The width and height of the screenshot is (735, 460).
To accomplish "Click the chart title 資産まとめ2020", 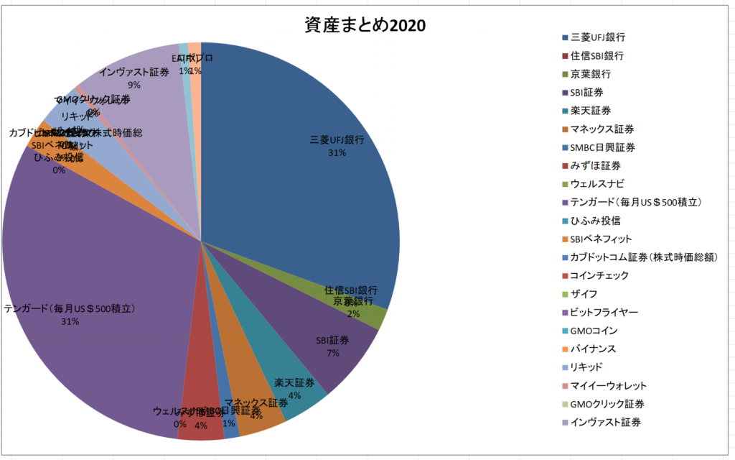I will tap(365, 25).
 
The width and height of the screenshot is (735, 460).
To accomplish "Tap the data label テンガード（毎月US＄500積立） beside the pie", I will tap(70, 309).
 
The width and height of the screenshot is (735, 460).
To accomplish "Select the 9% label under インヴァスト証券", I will tap(134, 84).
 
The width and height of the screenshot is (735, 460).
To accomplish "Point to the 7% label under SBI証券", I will tap(333, 353).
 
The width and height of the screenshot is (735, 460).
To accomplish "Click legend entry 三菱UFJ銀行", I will tap(601, 37).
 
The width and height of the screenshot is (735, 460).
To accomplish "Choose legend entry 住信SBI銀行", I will tap(596, 55).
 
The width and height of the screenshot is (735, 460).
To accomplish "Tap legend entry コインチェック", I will tap(599, 275).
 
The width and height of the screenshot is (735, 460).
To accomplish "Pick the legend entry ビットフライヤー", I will tap(603, 313).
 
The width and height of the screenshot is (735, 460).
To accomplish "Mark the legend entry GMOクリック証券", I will tap(607, 404).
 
